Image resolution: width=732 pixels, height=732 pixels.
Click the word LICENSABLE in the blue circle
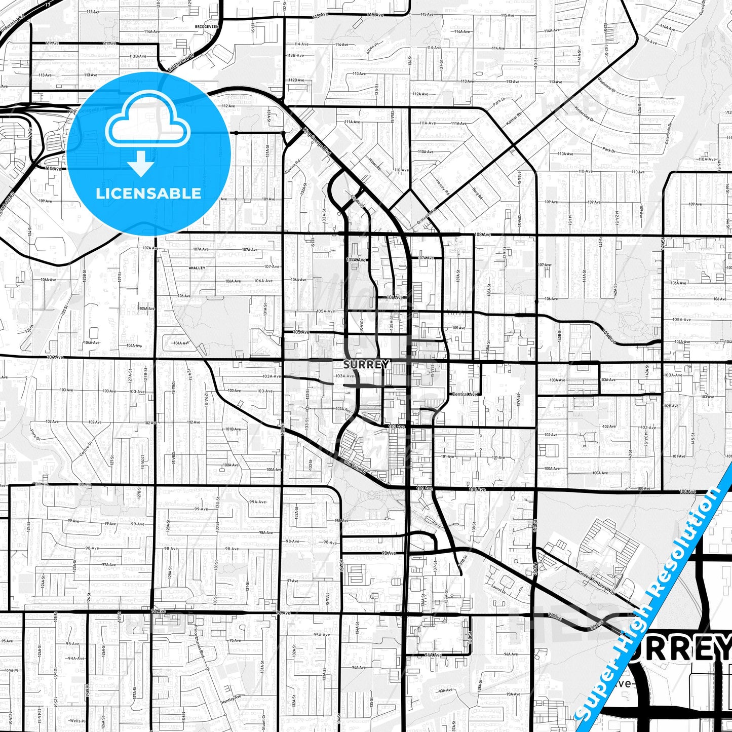(148, 193)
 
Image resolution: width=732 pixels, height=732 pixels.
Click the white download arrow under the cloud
(141, 164)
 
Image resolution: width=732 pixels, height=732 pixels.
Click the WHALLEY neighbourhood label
(197, 267)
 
